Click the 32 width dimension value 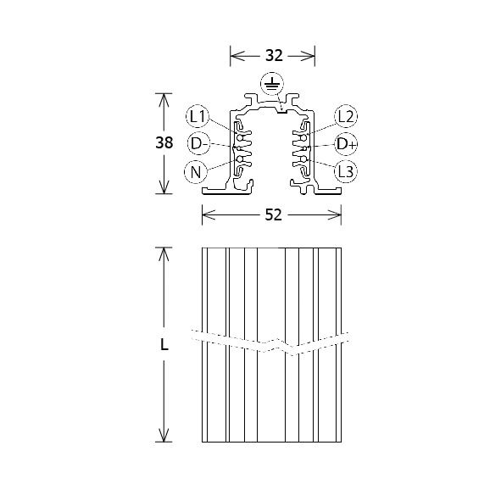tap(273, 56)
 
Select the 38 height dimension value tap(164, 143)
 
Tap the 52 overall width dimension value tap(272, 215)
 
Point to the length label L tap(164, 345)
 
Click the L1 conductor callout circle tap(198, 116)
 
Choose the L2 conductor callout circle tap(346, 116)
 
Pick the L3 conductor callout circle tap(346, 172)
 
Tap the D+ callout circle tap(347, 144)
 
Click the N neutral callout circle tap(196, 173)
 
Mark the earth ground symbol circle tap(272, 83)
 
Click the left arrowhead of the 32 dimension tap(234, 56)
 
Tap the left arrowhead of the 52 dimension tap(206, 215)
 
